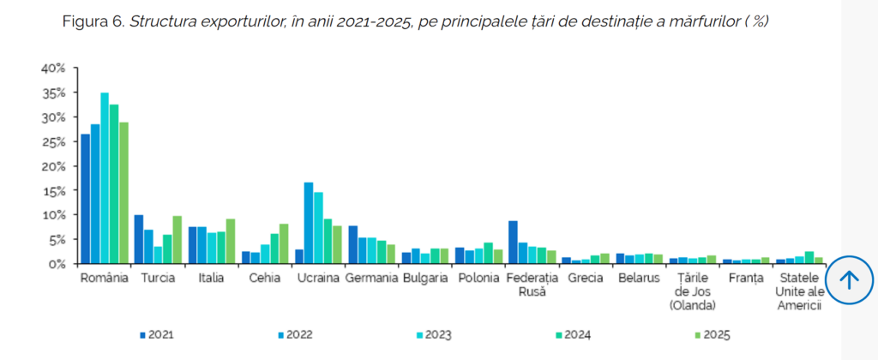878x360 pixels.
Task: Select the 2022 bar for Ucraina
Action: pyautogui.click(x=309, y=223)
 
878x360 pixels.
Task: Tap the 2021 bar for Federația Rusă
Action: pyautogui.click(x=513, y=243)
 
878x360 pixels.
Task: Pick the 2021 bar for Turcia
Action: pyautogui.click(x=139, y=239)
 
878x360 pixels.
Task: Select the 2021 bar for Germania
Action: pyautogui.click(x=353, y=245)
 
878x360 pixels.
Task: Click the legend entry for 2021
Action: pyautogui.click(x=159, y=334)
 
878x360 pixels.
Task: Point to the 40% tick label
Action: pyautogui.click(x=53, y=68)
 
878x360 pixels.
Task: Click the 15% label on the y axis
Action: pyautogui.click(x=53, y=190)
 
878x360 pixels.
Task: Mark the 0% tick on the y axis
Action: pyautogui.click(x=57, y=264)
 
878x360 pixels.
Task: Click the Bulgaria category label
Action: pyautogui.click(x=424, y=278)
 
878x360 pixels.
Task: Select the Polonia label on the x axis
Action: pyautogui.click(x=478, y=278)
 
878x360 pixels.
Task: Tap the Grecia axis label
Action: pyautogui.click(x=585, y=278)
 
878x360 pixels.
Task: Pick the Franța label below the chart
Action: pyautogui.click(x=744, y=278)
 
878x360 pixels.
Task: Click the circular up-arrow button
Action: pyautogui.click(x=849, y=279)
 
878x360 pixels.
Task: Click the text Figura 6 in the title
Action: pyautogui.click(x=93, y=21)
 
